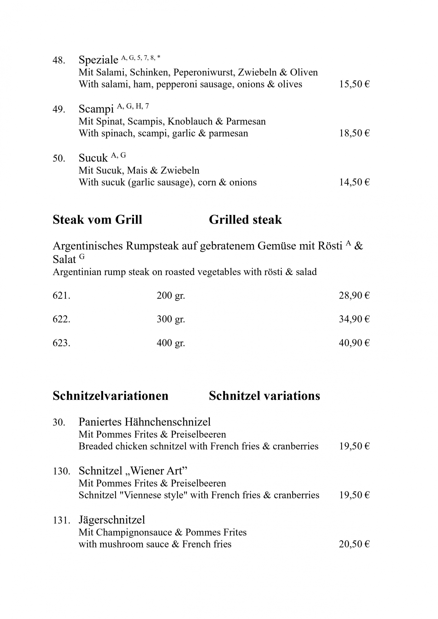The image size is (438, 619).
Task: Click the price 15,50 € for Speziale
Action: click(x=354, y=84)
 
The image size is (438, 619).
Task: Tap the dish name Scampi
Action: click(x=96, y=109)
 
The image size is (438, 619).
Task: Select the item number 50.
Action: click(x=59, y=158)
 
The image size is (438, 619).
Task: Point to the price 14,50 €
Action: click(x=354, y=182)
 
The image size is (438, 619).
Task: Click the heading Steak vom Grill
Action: click(x=97, y=220)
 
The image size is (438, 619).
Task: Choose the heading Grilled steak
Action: click(x=245, y=220)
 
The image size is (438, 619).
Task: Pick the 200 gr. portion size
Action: click(x=171, y=296)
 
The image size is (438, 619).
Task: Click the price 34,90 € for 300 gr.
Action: click(x=354, y=319)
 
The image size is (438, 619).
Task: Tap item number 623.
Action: click(x=61, y=343)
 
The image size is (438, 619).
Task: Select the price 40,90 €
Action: click(x=354, y=343)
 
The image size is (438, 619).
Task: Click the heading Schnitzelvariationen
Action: click(x=111, y=396)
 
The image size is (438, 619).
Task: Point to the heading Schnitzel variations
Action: click(x=264, y=396)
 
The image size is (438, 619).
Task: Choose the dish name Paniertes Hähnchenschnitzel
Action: click(x=145, y=422)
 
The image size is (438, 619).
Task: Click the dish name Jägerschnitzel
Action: click(x=112, y=520)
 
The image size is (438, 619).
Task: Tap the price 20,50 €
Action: click(x=354, y=544)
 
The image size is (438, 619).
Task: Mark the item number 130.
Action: click(x=61, y=471)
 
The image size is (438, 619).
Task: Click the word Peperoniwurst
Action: click(x=204, y=73)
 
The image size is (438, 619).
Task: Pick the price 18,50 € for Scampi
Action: click(x=354, y=133)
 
